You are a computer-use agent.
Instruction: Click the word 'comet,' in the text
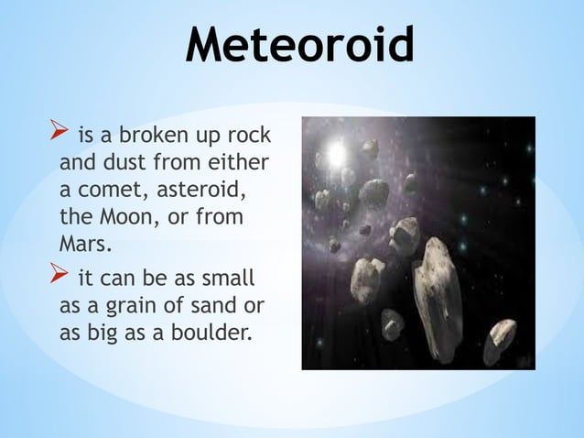107,193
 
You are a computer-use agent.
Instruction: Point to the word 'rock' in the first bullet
250,137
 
